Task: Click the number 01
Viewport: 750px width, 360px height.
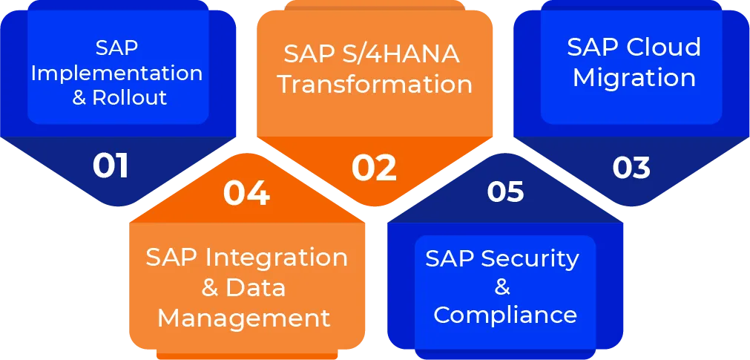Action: (111, 166)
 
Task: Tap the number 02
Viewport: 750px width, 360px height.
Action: (375, 168)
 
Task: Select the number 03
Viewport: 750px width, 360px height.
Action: (631, 167)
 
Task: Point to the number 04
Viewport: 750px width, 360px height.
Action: (246, 194)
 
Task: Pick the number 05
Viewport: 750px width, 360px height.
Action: (506, 191)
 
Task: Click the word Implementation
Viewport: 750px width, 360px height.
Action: (116, 74)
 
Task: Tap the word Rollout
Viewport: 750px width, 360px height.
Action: (129, 97)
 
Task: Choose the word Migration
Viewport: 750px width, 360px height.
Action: (634, 78)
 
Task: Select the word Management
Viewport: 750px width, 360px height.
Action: (244, 319)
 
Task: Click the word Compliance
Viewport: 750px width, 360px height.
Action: (505, 315)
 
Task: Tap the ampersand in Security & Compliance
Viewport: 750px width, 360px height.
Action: (502, 287)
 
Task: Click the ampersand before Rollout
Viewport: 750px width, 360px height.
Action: (79, 98)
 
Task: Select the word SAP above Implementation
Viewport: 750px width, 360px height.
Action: (116, 49)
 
